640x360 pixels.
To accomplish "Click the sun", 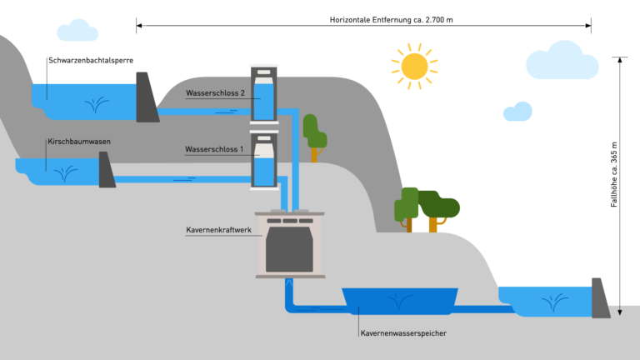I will [414, 66].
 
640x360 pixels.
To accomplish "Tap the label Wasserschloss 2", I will [215, 93].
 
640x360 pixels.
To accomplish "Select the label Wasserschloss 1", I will [214, 149].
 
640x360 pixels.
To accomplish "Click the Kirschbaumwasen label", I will [79, 142].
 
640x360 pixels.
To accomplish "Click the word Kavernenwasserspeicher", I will [404, 333].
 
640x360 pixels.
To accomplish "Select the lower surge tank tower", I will [263, 159].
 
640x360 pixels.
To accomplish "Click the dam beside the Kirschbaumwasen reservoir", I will [106, 170].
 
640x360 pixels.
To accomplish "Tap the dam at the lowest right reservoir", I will [599, 297].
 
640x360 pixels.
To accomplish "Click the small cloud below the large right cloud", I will [518, 112].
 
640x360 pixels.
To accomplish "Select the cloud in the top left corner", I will [77, 31].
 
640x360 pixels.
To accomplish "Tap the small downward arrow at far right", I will [620, 312].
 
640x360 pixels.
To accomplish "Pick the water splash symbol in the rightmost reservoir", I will [554, 302].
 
